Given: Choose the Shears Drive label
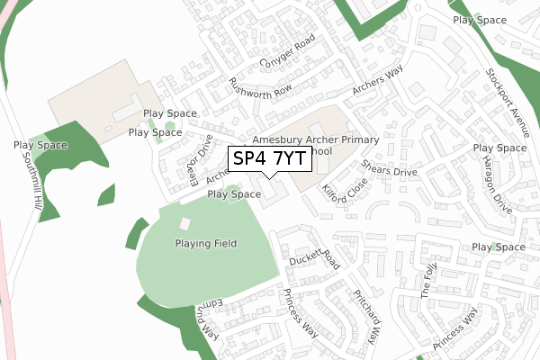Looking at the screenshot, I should coord(389,167).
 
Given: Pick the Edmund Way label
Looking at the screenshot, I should coord(208,320).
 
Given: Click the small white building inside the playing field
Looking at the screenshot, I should coord(185,223).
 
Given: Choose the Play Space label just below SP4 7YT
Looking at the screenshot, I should coord(234,193).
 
